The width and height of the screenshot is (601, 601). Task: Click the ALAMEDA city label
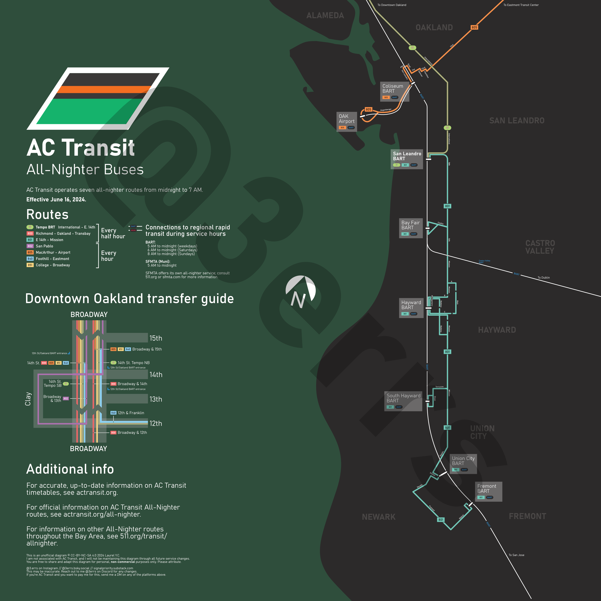coord(325,16)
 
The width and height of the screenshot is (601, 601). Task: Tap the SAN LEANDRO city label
coord(517,121)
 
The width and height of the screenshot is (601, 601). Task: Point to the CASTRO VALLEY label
coord(540,247)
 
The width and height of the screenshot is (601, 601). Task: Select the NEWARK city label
coord(379,517)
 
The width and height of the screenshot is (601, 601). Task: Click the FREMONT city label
coord(527,516)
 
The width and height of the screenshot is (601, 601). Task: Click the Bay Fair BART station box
coord(411,228)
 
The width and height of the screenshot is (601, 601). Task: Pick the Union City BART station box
coord(463,464)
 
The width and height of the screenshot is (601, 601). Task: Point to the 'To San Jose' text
coord(516,555)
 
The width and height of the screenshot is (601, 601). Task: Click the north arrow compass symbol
coord(300,292)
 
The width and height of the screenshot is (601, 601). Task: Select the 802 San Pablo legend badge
coord(30,246)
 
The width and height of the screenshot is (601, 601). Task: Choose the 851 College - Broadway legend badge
coord(30,265)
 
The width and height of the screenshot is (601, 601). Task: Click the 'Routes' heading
coord(47,214)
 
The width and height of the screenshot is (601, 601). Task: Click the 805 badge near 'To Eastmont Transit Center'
coord(474,27)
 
